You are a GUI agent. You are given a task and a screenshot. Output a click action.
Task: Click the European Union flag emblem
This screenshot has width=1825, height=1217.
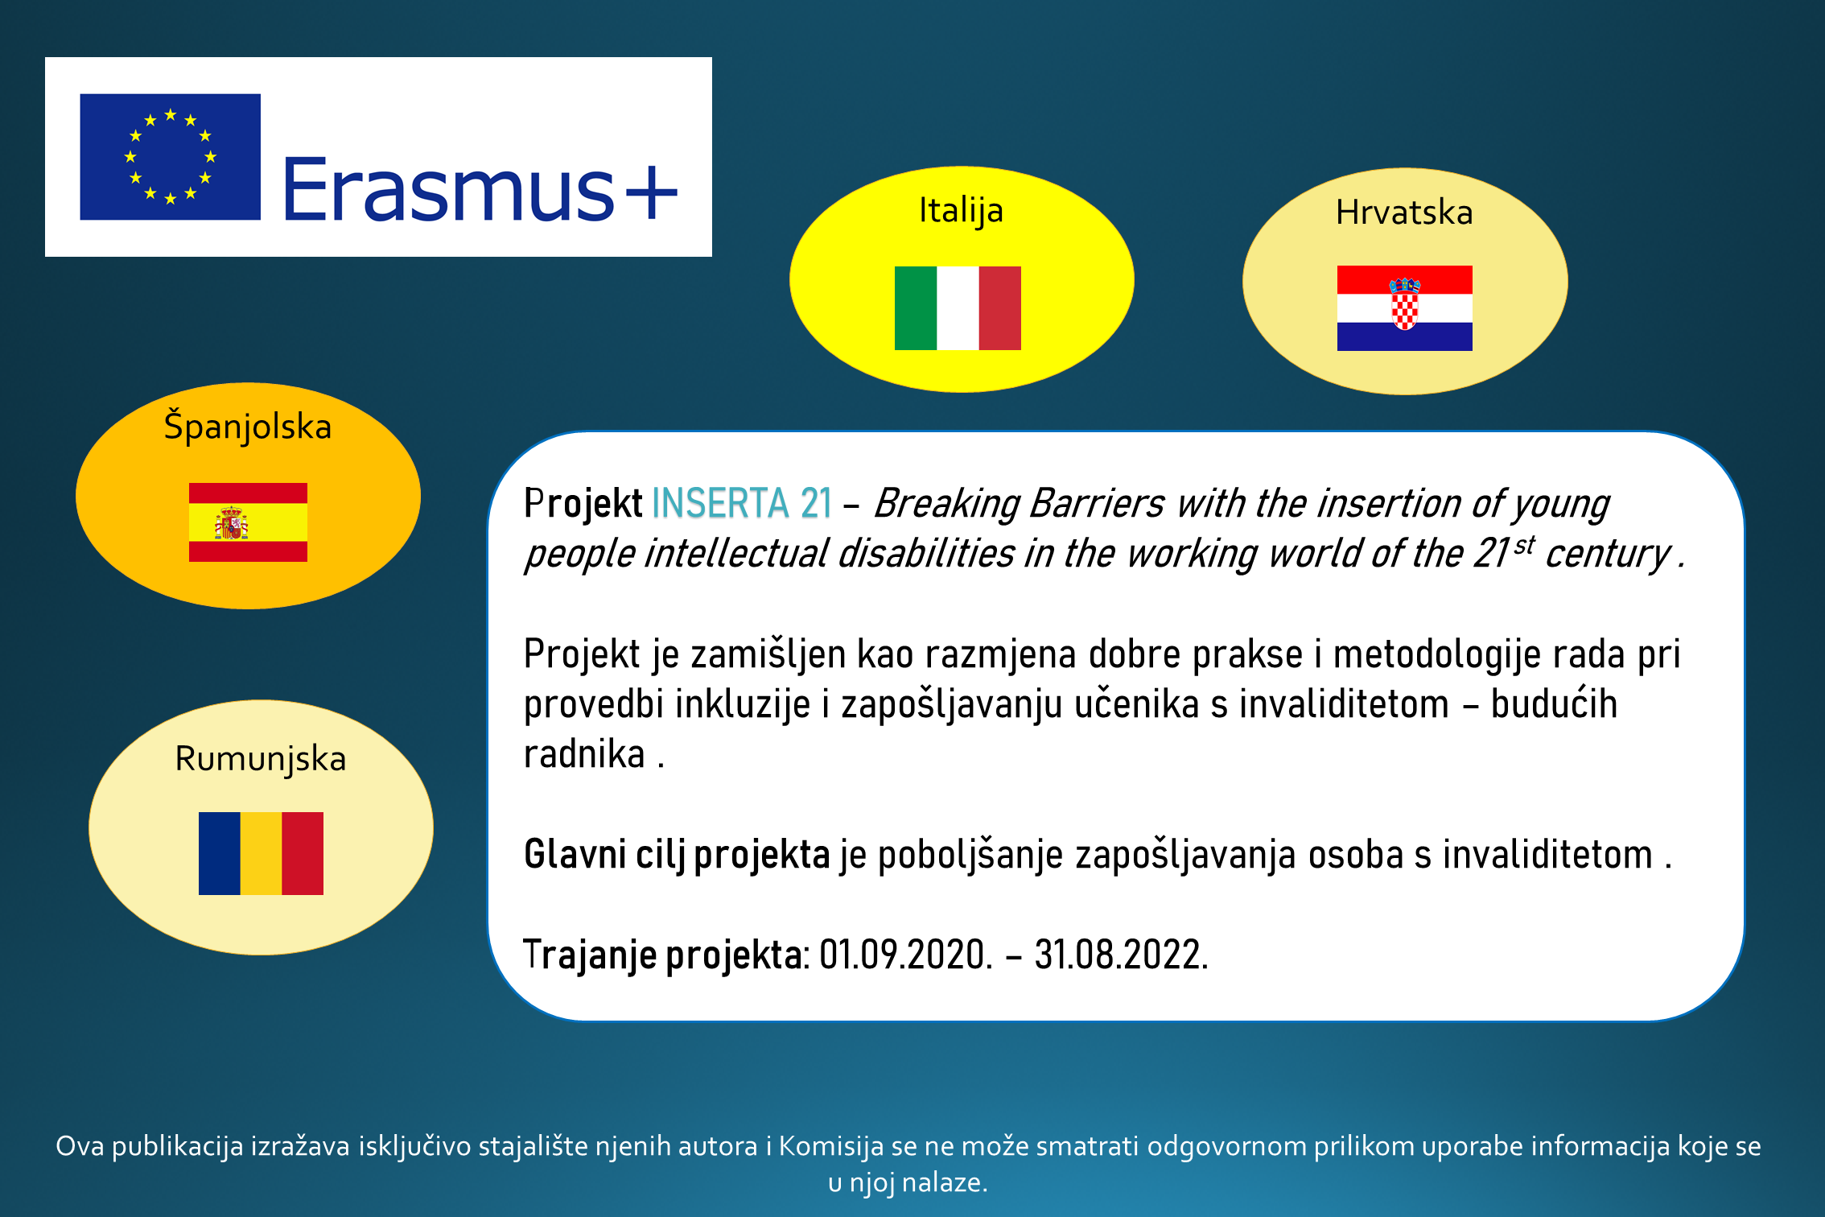click(171, 157)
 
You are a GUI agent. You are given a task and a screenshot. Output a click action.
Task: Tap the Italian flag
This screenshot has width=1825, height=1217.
click(958, 308)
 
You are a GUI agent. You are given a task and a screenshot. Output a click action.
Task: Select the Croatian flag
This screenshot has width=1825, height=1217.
click(1405, 308)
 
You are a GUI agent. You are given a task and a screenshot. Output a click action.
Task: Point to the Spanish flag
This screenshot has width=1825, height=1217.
click(248, 522)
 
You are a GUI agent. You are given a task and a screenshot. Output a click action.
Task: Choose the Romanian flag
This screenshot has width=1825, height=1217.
click(261, 853)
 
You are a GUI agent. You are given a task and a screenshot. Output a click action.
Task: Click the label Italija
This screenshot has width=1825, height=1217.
click(962, 212)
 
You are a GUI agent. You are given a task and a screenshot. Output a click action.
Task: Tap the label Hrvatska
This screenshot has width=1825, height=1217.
click(1404, 212)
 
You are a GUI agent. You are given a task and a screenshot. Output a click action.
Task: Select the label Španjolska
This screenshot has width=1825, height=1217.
click(248, 426)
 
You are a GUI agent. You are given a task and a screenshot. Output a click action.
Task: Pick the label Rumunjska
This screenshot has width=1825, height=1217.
click(261, 760)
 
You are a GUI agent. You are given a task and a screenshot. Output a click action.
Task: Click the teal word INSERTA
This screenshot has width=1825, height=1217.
click(720, 503)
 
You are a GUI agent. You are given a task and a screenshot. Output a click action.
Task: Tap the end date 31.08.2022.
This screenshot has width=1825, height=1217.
click(1121, 955)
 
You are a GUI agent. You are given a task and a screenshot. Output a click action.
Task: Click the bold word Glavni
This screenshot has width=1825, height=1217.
click(575, 854)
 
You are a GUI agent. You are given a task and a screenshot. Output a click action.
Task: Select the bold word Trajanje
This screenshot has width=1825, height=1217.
click(590, 956)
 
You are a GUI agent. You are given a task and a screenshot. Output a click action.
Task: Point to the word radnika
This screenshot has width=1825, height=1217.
click(584, 754)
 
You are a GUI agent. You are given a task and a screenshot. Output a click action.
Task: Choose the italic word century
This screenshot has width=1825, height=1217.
click(1608, 555)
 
